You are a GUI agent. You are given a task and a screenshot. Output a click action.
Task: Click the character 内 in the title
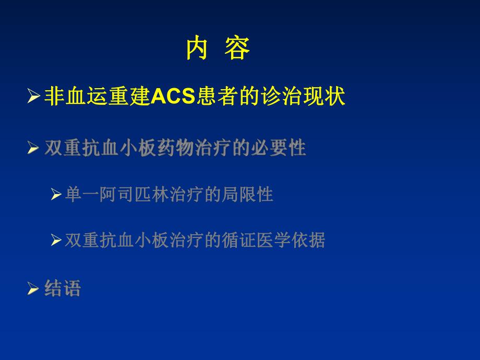pos(197,49)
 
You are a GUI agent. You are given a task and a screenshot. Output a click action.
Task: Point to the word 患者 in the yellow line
pos(216,97)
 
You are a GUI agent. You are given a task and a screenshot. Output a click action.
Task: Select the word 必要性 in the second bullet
pos(287,149)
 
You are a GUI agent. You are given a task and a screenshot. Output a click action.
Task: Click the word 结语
pos(63,287)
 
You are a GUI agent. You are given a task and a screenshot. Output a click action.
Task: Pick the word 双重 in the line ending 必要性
pos(63,149)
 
